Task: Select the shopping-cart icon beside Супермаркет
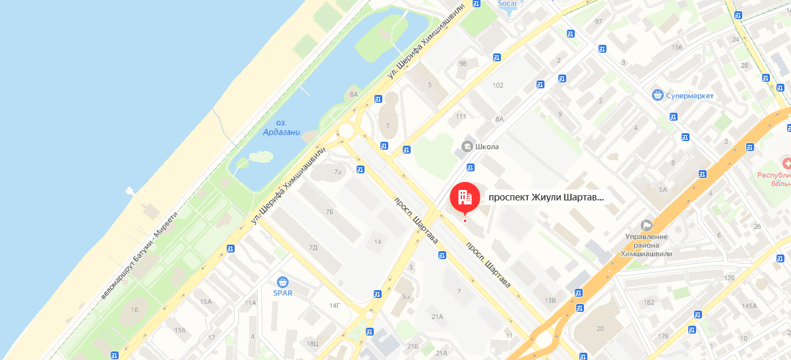pyautogui.click(x=657, y=96)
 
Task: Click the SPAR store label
pyautogui.click(x=283, y=293)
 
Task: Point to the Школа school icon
pyautogui.click(x=467, y=146)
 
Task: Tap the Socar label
pyautogui.click(x=508, y=3)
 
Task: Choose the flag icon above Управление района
pyautogui.click(x=647, y=225)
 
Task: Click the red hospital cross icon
pyautogui.click(x=786, y=163)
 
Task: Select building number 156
pyautogui.click(x=676, y=47)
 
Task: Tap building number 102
pyautogui.click(x=498, y=85)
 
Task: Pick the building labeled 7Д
pyautogui.click(x=313, y=247)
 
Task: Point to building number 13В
pyautogui.click(x=550, y=301)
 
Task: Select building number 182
pyautogui.click(x=649, y=302)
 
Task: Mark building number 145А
pyautogui.click(x=749, y=306)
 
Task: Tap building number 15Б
pyautogui.click(x=180, y=330)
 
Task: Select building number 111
pyautogui.click(x=461, y=117)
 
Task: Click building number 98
pyautogui.click(x=462, y=64)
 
